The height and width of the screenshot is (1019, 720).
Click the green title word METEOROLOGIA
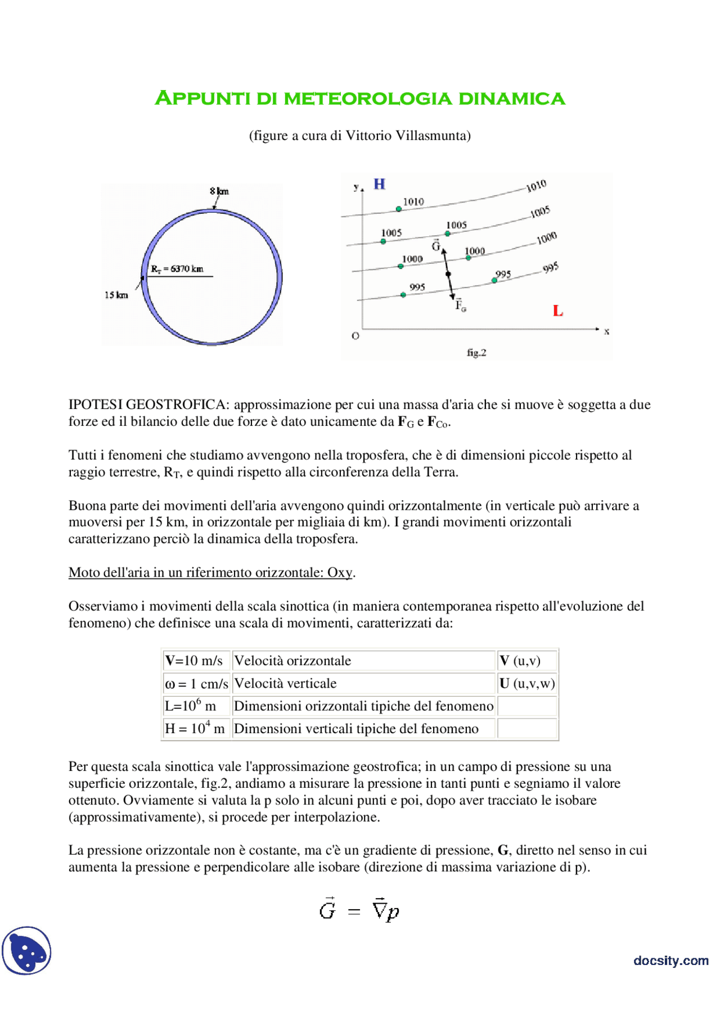coord(367,98)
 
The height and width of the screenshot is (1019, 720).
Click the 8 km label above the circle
coord(219,191)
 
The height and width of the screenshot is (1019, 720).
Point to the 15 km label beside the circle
coord(116,295)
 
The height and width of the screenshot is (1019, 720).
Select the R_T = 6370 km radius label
coord(177,269)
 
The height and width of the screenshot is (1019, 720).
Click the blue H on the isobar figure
coord(380,184)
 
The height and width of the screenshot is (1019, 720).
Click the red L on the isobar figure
coord(557,311)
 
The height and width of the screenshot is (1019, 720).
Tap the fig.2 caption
coord(476,353)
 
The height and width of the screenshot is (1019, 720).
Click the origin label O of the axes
coord(355,336)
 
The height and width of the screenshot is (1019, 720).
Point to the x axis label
coord(606,331)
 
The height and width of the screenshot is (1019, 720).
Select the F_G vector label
coord(460,305)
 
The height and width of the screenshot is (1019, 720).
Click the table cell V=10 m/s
coord(194,661)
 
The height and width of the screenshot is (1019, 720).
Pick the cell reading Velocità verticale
coord(285,683)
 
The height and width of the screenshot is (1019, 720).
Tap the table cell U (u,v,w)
coord(527,683)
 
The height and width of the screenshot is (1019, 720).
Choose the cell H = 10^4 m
coord(195,729)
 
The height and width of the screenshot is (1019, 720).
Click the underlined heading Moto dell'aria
coord(211,572)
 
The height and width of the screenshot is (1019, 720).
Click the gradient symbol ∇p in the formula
coord(386,910)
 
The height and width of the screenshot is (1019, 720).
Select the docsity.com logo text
coord(670,960)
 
